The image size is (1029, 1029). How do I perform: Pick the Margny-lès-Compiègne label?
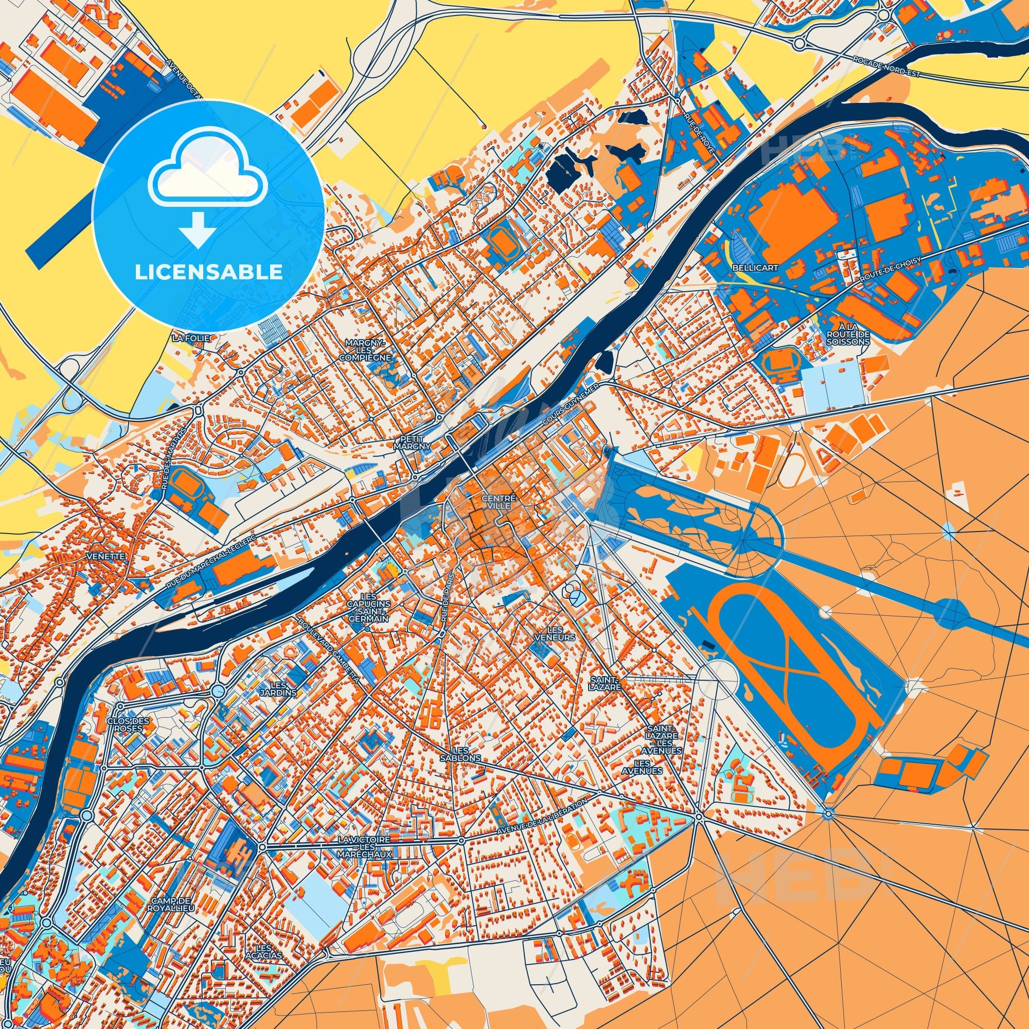(x=368, y=349)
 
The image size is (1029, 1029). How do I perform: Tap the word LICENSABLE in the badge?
(x=208, y=273)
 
